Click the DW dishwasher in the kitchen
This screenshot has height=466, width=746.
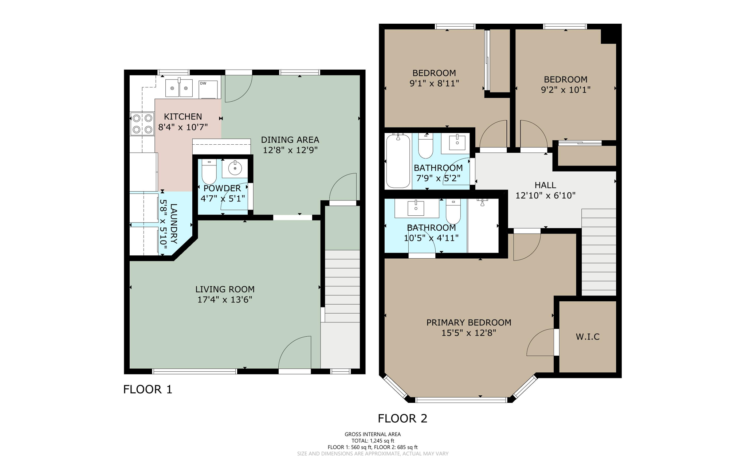[208, 89]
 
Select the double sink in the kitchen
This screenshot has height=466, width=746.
[179, 88]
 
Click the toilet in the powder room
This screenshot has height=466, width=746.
[209, 172]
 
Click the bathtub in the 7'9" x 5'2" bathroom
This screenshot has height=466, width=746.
[398, 161]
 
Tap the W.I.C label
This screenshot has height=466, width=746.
[588, 337]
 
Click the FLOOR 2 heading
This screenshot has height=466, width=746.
[402, 418]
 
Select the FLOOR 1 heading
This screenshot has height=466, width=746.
[148, 389]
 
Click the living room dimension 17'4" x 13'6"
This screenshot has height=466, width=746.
[225, 299]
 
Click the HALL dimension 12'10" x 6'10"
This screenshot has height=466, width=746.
[545, 195]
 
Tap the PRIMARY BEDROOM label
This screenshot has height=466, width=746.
[468, 322]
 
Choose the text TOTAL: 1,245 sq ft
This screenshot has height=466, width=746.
[373, 440]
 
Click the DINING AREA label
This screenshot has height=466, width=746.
[290, 140]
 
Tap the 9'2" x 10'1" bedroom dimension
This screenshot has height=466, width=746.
[565, 90]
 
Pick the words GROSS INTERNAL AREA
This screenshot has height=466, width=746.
[373, 434]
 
